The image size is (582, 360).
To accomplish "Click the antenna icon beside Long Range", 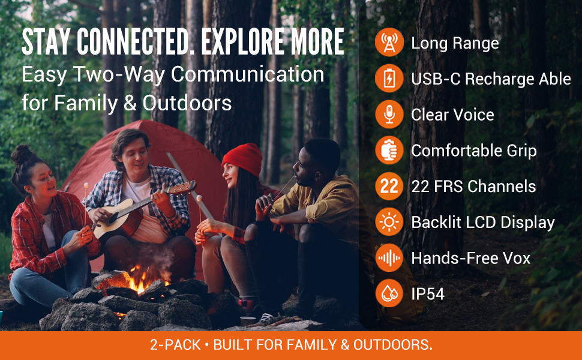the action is click(x=389, y=43).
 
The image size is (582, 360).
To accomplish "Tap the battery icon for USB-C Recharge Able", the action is click(x=389, y=79).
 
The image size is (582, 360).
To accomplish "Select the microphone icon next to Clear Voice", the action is click(x=389, y=115).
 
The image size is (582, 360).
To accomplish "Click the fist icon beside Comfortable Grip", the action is click(x=389, y=151).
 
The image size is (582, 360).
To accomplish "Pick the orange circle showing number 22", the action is click(x=389, y=187).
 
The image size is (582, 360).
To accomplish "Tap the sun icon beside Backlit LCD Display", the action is click(x=389, y=222).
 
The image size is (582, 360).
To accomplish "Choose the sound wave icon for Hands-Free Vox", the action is click(x=389, y=258).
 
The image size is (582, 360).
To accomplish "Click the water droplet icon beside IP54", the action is click(x=389, y=293).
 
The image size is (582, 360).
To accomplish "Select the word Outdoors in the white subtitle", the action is click(x=187, y=103).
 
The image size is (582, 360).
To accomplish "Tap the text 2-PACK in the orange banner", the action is click(x=175, y=345).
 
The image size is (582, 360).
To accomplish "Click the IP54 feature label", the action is click(x=428, y=294).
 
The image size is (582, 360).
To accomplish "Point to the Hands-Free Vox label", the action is click(x=470, y=258).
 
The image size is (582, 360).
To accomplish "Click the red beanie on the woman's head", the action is click(x=243, y=159).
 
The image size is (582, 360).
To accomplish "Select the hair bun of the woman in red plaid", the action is click(x=22, y=154).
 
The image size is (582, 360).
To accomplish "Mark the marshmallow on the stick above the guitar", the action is click(x=86, y=185).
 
